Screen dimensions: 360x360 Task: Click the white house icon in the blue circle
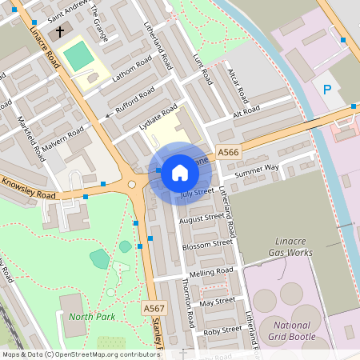coord(180,172)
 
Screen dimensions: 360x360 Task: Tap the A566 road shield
coord(228,152)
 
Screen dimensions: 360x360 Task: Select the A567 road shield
coord(154,308)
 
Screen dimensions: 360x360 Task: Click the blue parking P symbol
coord(327,89)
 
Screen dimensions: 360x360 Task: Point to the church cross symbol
coord(58,34)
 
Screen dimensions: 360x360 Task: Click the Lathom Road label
coord(133,70)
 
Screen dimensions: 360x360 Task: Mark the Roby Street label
coord(222,330)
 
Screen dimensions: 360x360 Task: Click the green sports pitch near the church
coord(78,55)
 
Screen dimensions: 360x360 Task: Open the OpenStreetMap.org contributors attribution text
coord(104,354)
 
